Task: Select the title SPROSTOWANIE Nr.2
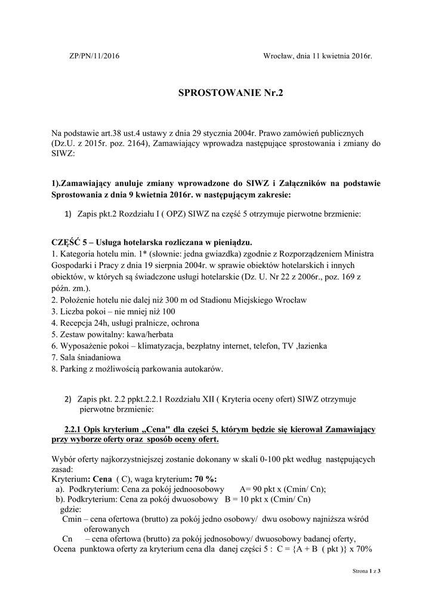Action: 216,93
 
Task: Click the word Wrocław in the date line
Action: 279,56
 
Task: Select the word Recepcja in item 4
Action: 76,322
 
